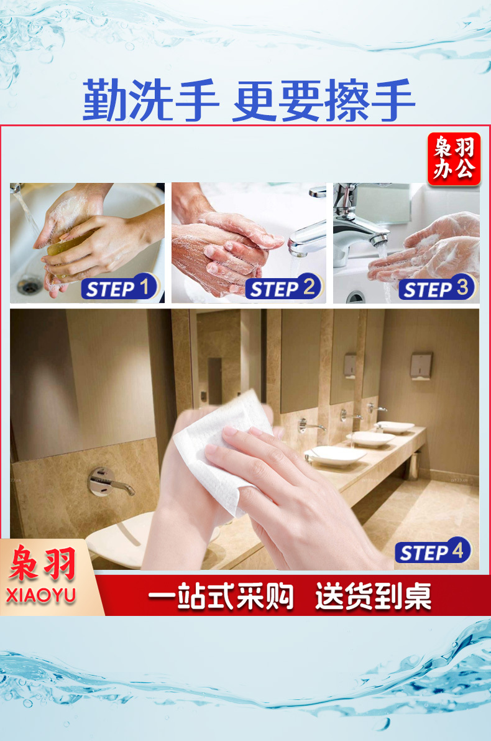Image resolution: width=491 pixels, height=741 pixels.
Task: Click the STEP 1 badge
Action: point(120,287)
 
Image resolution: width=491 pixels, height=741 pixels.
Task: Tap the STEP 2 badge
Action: point(284,287)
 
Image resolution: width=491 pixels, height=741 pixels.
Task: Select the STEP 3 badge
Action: point(438,287)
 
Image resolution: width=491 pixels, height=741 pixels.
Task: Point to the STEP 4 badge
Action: point(433,551)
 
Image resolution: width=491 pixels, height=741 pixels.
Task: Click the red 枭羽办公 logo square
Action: point(454,158)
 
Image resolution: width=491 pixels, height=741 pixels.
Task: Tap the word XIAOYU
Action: point(41,595)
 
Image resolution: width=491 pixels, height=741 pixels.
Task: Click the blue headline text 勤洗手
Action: point(150,101)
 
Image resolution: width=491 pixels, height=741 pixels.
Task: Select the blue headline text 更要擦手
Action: point(324,101)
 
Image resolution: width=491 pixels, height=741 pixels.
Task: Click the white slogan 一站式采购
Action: point(221,596)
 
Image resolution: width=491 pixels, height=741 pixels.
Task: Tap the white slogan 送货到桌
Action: point(374,596)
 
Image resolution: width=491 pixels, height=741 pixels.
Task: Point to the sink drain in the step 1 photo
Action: point(29,285)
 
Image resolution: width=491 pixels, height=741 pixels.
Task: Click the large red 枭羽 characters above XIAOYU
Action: point(42,563)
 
